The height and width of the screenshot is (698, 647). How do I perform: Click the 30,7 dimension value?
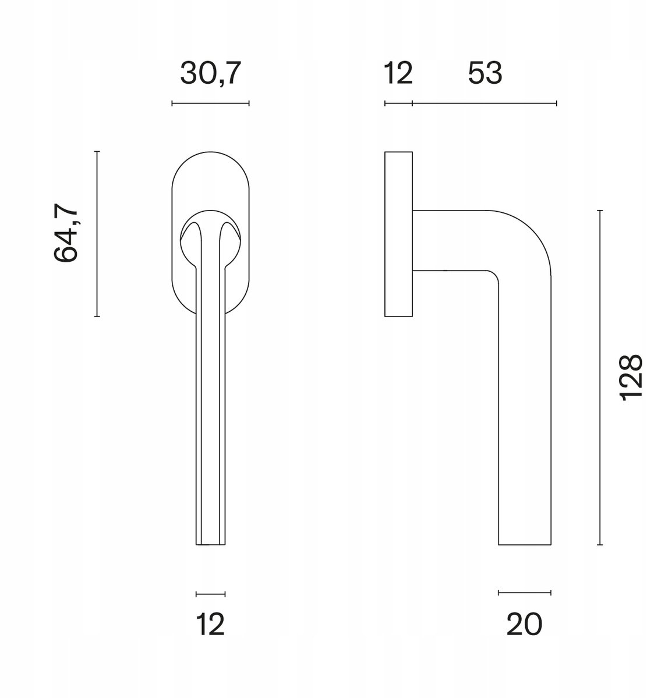coord(210,73)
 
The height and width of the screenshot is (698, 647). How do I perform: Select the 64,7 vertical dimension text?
coord(65,232)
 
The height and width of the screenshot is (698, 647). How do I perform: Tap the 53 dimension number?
coord(485,73)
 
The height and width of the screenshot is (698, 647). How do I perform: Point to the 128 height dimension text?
coord(631,378)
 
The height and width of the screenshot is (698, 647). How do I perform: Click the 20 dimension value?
coord(524,624)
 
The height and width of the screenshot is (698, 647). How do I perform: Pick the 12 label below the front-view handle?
coord(210,624)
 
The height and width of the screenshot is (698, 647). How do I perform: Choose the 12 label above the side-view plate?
coord(398,73)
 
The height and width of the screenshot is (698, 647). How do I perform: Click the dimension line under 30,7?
coord(210,104)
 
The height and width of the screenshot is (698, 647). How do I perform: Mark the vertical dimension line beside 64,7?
coord(97,234)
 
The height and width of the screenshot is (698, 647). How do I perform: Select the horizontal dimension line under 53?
coord(485,104)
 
